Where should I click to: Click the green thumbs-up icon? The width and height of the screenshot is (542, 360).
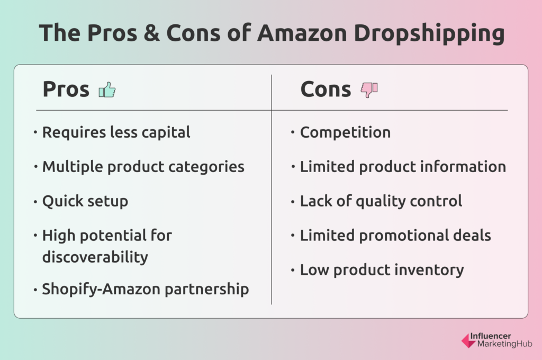coord(107,90)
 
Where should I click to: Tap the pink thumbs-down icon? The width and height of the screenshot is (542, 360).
coord(369,90)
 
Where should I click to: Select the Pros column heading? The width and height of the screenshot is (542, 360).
coord(66,89)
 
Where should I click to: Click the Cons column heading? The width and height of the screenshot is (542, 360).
coord(325,89)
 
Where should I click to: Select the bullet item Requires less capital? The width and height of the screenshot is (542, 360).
coord(116,132)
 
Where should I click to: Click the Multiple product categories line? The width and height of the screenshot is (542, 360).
coord(143,166)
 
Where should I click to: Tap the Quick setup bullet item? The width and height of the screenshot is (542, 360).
coord(85,201)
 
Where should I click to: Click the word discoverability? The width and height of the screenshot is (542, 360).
coord(95,257)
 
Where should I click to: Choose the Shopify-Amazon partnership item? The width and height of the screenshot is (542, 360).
coord(145,289)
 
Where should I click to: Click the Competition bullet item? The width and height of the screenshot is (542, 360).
coord(345,132)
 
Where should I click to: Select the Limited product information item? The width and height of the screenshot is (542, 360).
coord(403,166)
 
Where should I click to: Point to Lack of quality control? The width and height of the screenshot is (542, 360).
coord(381,201)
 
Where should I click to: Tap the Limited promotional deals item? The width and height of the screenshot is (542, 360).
coord(395,235)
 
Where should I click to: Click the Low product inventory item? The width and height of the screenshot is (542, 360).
coord(382,269)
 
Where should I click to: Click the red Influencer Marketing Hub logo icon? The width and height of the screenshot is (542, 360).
coord(468,340)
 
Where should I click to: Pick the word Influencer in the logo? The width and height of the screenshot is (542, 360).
coord(498,336)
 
